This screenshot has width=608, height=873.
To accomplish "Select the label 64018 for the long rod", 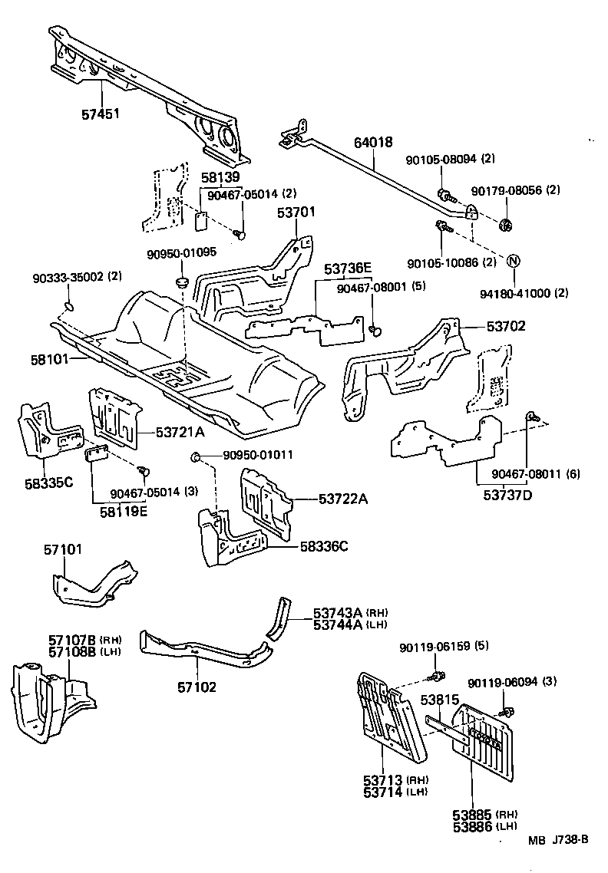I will pyautogui.click(x=373, y=143).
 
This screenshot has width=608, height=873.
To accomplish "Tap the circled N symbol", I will pyautogui.click(x=514, y=261).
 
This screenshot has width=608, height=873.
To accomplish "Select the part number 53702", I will pyautogui.click(x=505, y=326).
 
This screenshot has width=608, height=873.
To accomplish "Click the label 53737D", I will pyautogui.click(x=507, y=494).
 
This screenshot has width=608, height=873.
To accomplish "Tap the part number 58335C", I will pyautogui.click(x=48, y=483).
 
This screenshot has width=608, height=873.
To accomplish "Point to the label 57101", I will pyautogui.click(x=62, y=550).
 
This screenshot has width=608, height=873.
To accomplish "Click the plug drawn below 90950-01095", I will pyautogui.click(x=183, y=282).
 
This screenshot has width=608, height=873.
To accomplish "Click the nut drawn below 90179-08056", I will pyautogui.click(x=506, y=224).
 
